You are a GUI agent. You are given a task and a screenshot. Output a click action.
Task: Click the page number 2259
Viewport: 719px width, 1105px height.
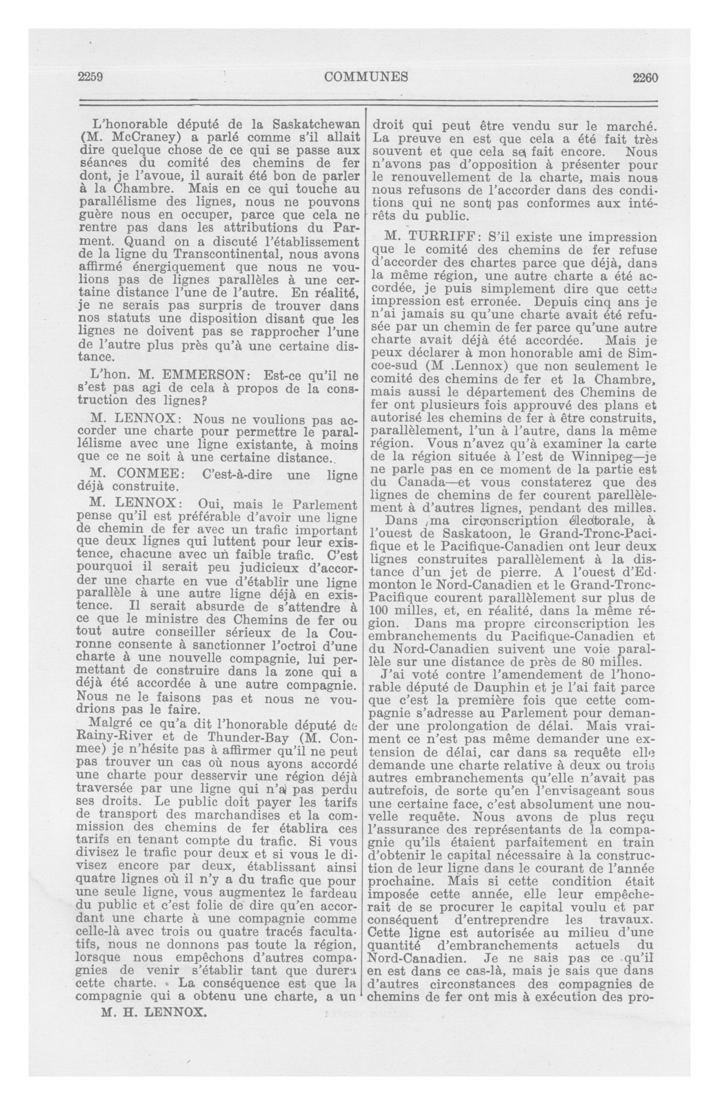(90, 77)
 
